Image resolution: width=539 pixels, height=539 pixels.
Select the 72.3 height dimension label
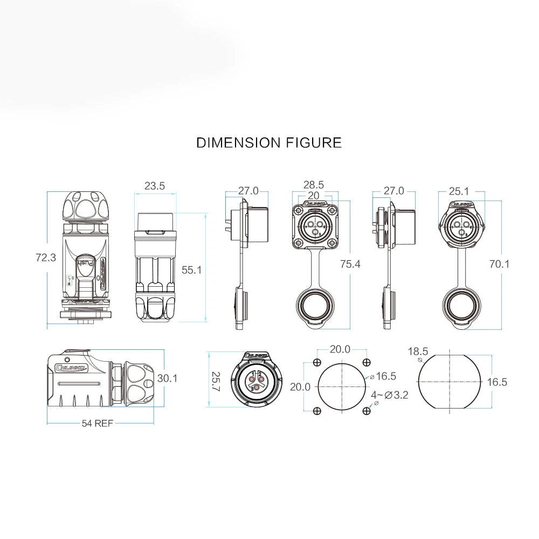tap(46, 258)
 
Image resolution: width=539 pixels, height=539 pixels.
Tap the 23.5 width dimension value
tap(155, 186)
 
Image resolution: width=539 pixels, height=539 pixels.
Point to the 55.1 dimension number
tap(191, 270)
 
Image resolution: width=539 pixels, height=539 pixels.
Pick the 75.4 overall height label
tap(350, 264)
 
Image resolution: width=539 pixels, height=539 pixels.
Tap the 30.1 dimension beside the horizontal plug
tap(168, 379)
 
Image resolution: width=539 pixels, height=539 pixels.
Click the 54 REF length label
tap(98, 423)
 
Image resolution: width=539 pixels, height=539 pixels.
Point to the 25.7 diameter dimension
tap(216, 382)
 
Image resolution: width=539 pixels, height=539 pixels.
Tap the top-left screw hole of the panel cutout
tap(317, 362)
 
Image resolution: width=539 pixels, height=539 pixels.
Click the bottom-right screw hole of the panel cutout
tap(367, 411)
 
